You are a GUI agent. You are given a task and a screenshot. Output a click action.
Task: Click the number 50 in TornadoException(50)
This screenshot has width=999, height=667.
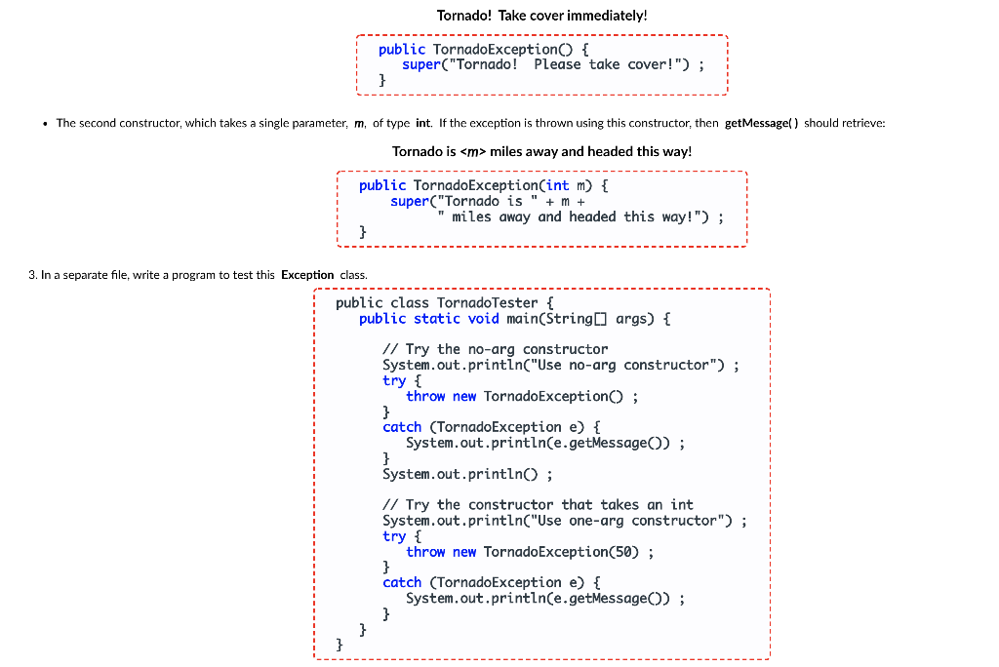(625, 552)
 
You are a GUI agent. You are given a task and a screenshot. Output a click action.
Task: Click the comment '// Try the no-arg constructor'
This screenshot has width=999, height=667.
(495, 349)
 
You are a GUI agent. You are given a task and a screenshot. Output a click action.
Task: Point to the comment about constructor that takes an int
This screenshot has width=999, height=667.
(538, 505)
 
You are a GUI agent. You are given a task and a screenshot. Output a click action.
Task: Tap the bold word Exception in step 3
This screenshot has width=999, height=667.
(307, 275)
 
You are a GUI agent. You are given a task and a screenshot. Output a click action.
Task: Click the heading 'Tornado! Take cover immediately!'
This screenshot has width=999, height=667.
(541, 16)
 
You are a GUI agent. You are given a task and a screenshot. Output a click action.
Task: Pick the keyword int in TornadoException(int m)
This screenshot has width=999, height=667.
(557, 185)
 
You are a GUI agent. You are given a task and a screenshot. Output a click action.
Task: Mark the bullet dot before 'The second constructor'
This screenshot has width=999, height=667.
(46, 123)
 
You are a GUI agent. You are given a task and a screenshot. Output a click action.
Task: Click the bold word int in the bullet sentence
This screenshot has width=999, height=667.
(422, 123)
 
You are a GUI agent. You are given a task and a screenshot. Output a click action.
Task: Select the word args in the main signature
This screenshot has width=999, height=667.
(634, 319)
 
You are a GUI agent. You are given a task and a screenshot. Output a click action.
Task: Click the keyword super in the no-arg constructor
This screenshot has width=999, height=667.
(421, 64)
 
